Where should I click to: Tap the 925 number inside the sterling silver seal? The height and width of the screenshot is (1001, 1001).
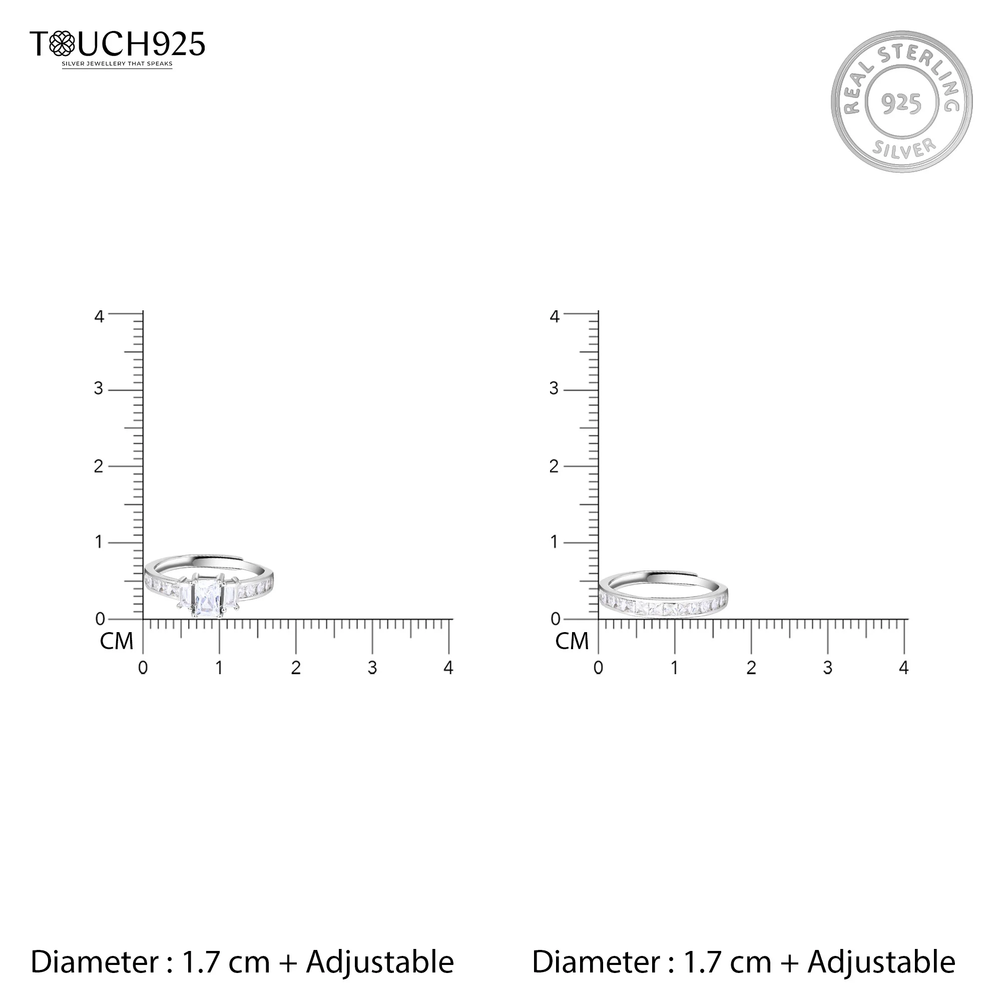(x=901, y=104)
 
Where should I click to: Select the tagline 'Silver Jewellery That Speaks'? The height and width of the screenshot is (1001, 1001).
(x=117, y=64)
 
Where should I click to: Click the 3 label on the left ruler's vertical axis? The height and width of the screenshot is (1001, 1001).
(x=99, y=388)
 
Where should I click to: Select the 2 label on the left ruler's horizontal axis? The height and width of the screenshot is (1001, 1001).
(x=296, y=668)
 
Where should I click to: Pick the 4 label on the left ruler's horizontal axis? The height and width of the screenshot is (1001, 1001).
(x=448, y=668)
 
